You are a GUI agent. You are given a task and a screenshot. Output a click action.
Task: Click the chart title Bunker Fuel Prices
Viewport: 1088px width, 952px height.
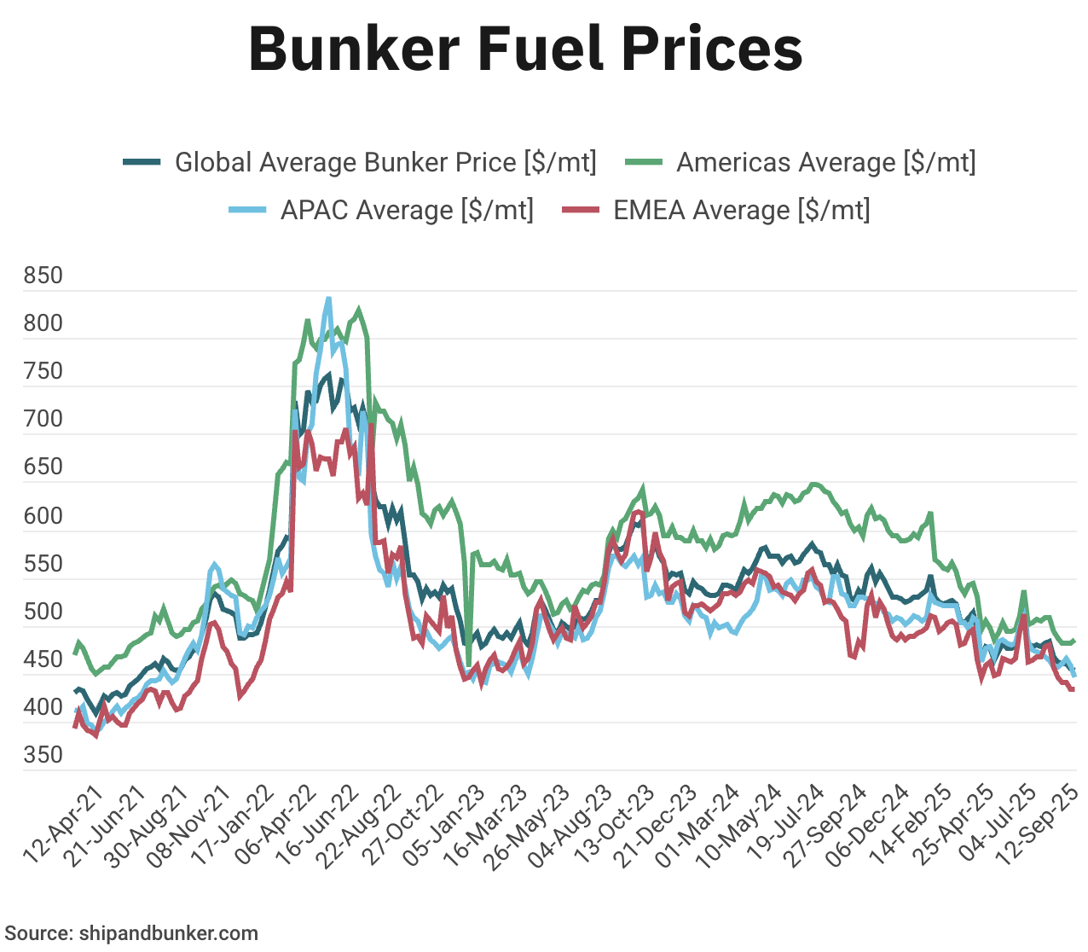click(x=525, y=49)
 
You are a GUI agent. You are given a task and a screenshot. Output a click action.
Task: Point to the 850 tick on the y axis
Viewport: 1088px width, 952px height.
click(x=43, y=276)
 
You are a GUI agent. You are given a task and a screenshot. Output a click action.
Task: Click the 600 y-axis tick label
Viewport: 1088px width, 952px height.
click(x=43, y=516)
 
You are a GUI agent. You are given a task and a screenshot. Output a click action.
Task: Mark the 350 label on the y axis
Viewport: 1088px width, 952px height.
click(x=43, y=755)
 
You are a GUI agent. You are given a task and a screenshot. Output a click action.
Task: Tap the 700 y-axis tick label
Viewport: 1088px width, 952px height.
click(x=43, y=419)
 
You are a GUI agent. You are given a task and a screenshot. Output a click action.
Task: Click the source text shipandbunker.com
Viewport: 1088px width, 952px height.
click(x=131, y=933)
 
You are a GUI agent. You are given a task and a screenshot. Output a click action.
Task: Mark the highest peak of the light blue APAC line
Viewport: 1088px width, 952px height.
click(x=328, y=299)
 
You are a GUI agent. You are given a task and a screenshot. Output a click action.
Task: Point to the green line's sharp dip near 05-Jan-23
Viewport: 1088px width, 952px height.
click(x=468, y=664)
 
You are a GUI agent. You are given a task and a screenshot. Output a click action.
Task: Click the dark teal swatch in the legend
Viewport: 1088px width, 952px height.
click(x=142, y=162)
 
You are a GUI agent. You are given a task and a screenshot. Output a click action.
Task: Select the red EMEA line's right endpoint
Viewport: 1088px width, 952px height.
click(x=1072, y=689)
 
